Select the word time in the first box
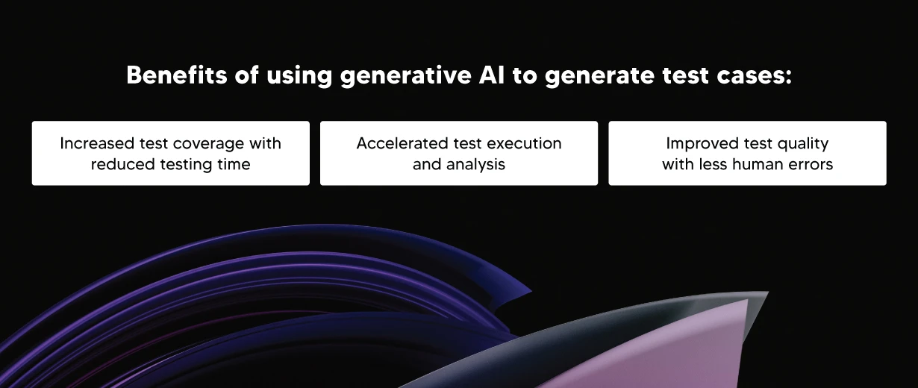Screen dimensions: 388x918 pyautogui.click(x=234, y=164)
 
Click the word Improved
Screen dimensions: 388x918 pyautogui.click(x=699, y=143)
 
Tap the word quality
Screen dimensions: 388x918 pyautogui.click(x=801, y=143)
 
